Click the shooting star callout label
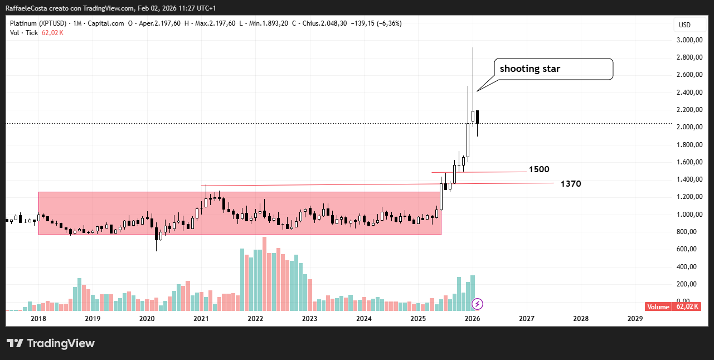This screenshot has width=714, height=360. (x=530, y=69)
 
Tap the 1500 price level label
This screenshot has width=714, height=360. (x=539, y=169)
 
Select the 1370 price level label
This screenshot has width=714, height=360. (x=571, y=183)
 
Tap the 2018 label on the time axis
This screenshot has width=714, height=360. (x=38, y=319)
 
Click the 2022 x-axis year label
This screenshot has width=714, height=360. (x=255, y=319)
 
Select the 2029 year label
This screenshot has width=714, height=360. (x=635, y=319)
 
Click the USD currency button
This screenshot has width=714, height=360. (x=684, y=25)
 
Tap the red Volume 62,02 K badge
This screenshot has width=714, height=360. (x=672, y=307)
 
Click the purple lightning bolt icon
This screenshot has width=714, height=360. (x=477, y=304)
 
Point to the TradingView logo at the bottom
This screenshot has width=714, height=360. (x=50, y=343)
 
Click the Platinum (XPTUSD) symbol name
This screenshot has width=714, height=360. (x=37, y=23)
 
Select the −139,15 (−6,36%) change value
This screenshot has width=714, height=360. (x=377, y=23)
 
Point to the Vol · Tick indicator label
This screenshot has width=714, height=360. (x=24, y=33)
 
